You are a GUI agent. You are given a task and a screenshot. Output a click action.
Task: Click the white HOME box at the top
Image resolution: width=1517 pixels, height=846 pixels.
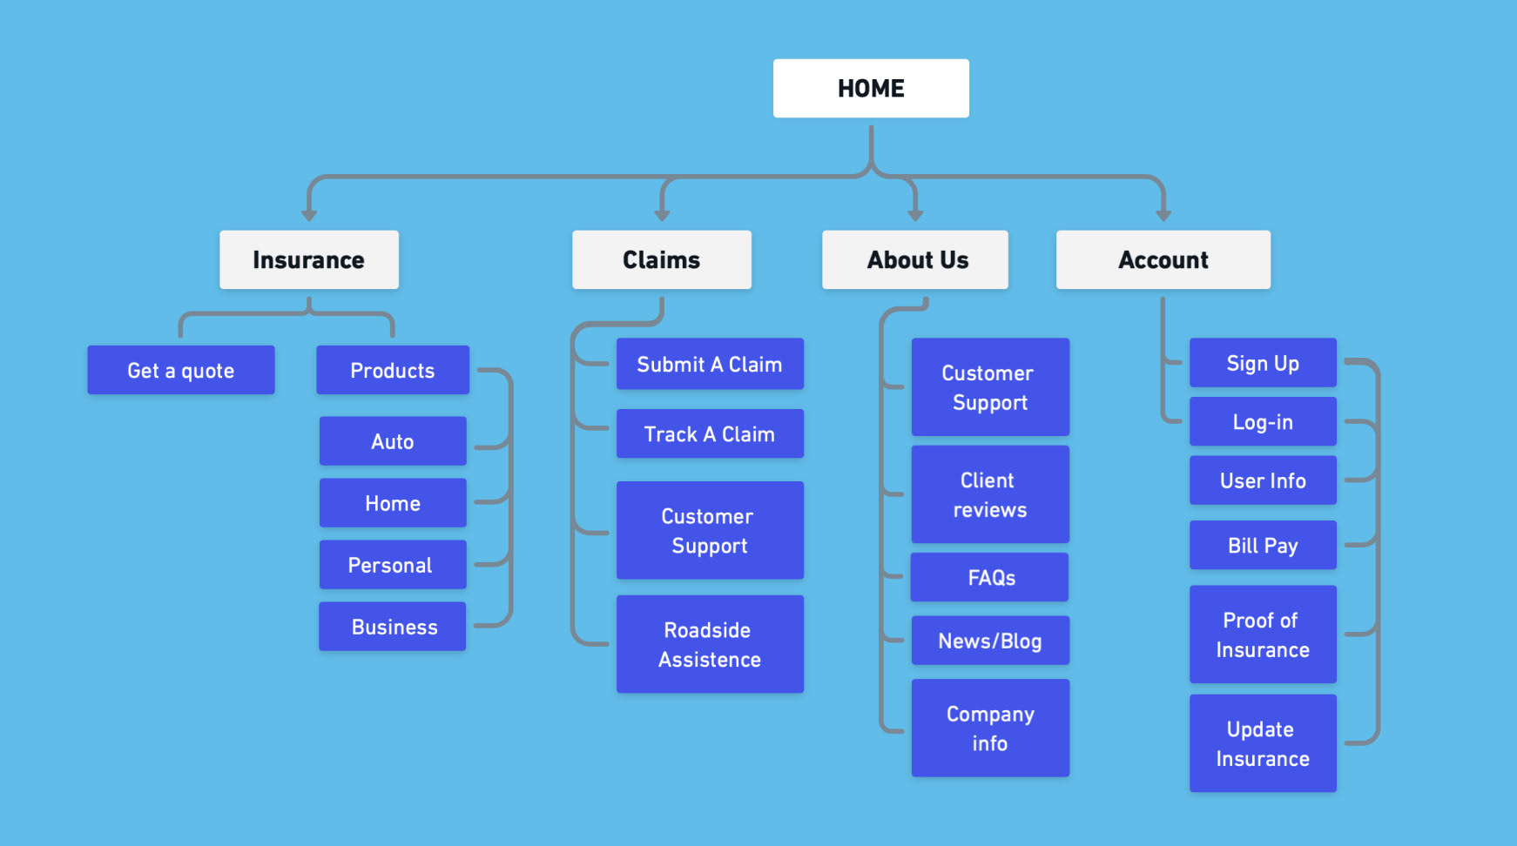coord(871,88)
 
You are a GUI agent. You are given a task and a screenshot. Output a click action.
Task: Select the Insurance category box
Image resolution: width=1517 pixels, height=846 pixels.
coord(309,259)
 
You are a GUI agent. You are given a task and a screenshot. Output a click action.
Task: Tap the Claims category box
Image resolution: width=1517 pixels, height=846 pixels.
coord(662,259)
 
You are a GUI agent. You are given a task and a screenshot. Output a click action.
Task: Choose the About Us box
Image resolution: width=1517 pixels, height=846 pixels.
coord(915,259)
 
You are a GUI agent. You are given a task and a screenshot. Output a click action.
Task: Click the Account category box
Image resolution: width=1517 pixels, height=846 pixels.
coord(1163,259)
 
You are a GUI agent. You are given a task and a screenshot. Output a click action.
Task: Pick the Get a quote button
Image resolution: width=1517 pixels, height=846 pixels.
coord(181,370)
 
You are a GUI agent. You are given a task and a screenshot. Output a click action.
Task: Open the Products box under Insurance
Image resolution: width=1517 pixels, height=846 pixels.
coord(393,370)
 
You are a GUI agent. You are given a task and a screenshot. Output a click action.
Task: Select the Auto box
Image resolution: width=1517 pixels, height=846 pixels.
coord(393,441)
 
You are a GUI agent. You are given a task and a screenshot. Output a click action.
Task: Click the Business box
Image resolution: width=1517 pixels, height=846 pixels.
coord(393,627)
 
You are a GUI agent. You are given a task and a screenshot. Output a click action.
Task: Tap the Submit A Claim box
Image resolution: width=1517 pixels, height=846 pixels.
coord(710,364)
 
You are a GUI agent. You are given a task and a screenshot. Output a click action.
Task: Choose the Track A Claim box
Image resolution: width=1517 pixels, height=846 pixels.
coord(710,433)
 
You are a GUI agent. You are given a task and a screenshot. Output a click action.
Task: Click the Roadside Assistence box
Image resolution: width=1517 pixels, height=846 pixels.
coord(710,644)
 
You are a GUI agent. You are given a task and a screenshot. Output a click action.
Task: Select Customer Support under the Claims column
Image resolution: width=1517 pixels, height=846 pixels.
coord(710,530)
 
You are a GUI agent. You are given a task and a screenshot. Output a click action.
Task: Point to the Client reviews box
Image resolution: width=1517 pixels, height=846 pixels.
coord(990,494)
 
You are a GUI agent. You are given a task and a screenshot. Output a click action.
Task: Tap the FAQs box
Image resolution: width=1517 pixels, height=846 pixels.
coord(990,577)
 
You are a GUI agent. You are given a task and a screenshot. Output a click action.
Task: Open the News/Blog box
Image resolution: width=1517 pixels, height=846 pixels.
coord(990,641)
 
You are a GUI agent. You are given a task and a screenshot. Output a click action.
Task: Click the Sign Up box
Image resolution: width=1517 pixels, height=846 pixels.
coord(1263,363)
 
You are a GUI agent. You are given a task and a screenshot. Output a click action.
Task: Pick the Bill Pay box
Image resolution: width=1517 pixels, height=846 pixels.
coord(1263,545)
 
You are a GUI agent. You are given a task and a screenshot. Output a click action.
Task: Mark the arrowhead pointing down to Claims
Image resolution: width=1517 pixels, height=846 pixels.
coord(662,215)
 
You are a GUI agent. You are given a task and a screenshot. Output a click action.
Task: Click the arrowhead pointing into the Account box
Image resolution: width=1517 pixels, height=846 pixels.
coord(1163,215)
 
